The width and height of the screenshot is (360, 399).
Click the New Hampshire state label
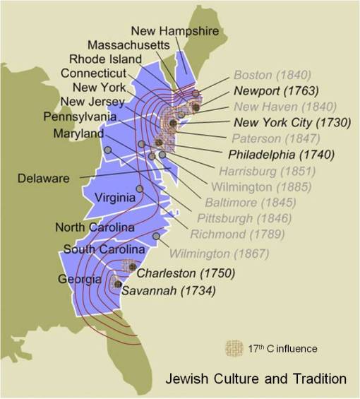[x=174, y=30]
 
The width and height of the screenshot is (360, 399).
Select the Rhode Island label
[x=105, y=59]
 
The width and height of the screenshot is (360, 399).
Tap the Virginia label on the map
[x=114, y=198]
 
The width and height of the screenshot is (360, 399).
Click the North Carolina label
[x=95, y=227]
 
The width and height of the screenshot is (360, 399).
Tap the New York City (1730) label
[x=282, y=122]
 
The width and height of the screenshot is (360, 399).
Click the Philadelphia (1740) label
[x=282, y=154]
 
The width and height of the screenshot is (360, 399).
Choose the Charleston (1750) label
[x=186, y=273]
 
